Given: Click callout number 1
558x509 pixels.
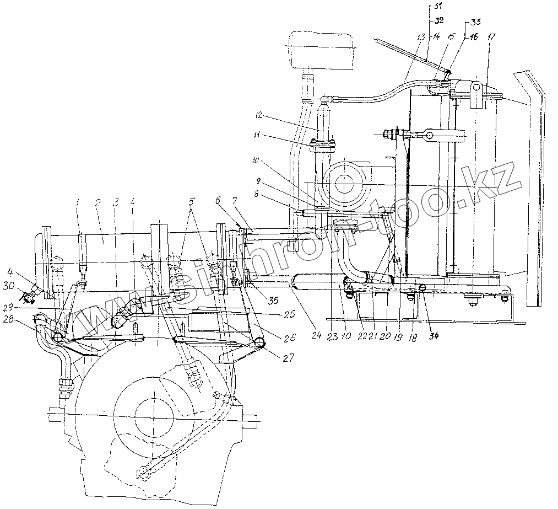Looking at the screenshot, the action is pos(78,202).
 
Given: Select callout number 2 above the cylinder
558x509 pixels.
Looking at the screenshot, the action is pos(97,202).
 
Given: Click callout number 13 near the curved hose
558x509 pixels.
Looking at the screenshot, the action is pos(421,37).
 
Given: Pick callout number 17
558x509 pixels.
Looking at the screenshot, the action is pos(491,37).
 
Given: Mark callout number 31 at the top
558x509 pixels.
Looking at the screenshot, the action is pos(438,6).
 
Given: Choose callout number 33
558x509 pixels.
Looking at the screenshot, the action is pos(475,22).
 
